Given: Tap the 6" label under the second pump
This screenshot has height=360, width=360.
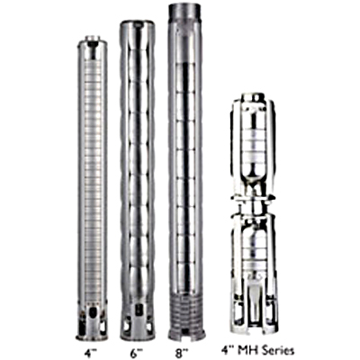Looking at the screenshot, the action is click(138, 351).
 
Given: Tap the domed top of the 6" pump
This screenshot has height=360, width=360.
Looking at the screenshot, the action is click(138, 25).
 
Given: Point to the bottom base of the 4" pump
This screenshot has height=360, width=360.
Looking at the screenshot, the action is click(93, 328).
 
